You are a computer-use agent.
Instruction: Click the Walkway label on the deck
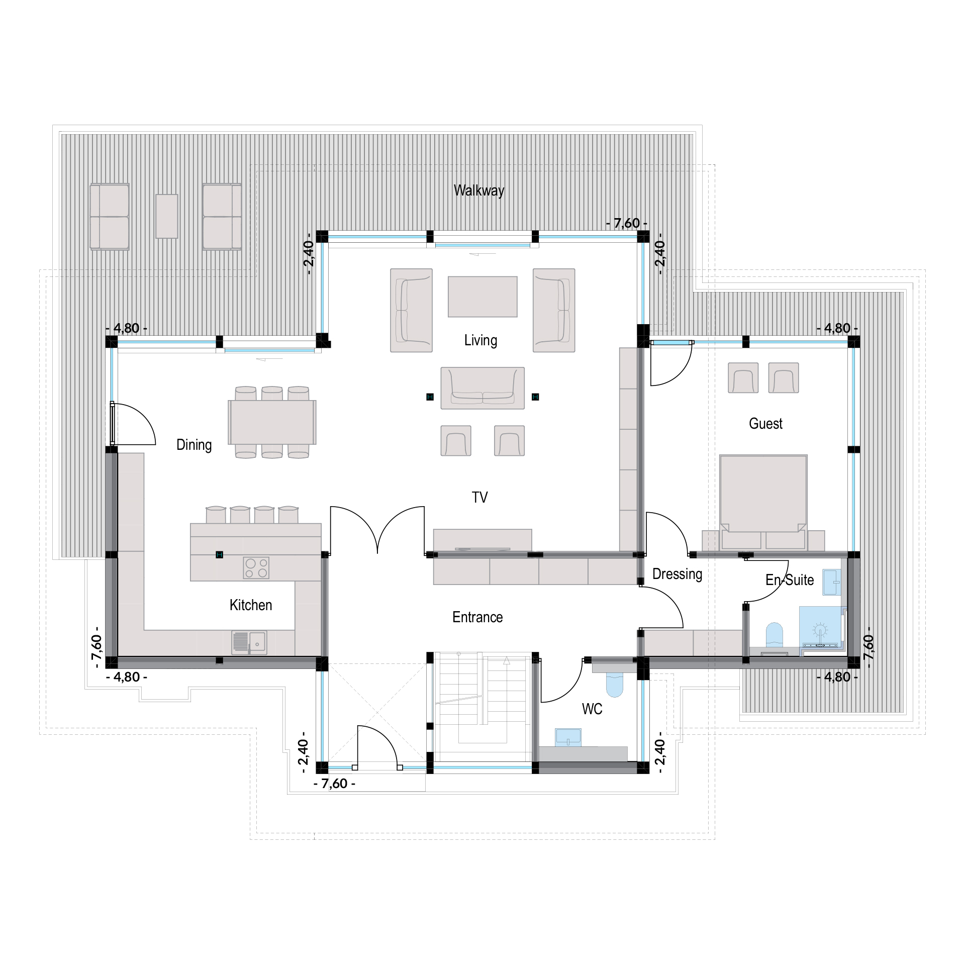tap(478, 190)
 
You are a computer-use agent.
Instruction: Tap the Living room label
tap(480, 340)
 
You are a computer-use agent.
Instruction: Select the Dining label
tap(194, 445)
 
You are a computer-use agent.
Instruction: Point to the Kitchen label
tap(251, 605)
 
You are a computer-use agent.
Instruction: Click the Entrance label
tap(477, 617)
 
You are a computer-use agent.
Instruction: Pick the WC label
tap(592, 709)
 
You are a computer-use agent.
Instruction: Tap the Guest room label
tap(765, 424)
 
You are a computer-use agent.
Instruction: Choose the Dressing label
tap(677, 574)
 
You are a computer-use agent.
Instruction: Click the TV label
tap(479, 498)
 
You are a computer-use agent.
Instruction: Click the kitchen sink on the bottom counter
tap(249, 642)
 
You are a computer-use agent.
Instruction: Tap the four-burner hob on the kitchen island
tap(256, 568)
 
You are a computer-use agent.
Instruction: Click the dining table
tap(272, 422)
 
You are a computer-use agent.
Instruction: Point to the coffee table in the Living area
tap(482, 297)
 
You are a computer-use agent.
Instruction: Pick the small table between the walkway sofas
tap(167, 216)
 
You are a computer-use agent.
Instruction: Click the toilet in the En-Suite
tap(775, 635)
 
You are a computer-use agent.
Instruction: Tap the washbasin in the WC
tap(568, 737)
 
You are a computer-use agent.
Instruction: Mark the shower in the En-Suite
tap(820, 627)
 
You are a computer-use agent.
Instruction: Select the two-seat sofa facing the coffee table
tap(482, 388)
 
